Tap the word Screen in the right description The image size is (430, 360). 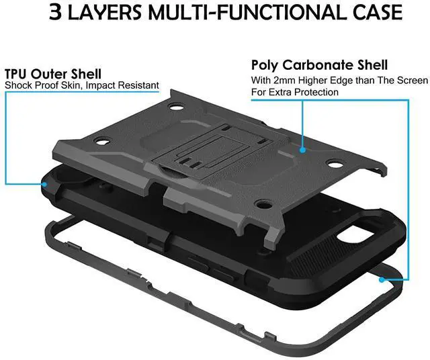click(411, 80)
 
